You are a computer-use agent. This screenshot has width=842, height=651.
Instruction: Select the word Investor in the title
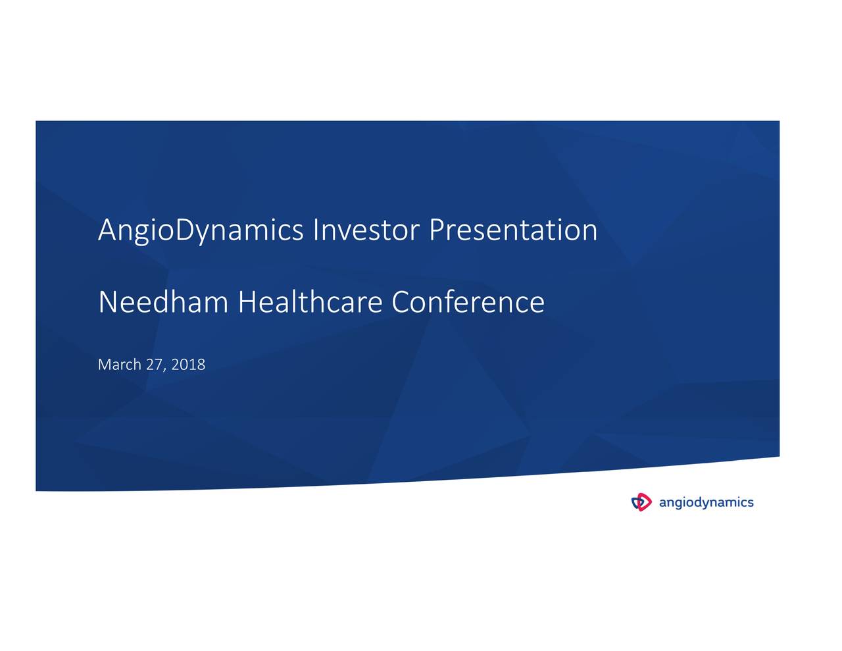366,230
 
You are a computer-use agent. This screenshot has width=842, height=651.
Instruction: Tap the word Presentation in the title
513,230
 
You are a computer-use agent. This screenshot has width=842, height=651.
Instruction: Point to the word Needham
162,303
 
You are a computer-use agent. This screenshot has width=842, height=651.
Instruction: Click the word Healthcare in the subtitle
310,303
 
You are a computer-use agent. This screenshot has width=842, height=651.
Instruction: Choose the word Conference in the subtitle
468,303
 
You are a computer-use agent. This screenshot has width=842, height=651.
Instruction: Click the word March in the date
119,365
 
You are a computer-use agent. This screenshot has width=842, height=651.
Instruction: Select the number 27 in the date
154,365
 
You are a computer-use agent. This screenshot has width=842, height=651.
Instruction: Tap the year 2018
188,365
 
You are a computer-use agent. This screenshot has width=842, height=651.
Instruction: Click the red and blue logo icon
641,503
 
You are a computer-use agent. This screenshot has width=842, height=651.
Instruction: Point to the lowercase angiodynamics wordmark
706,503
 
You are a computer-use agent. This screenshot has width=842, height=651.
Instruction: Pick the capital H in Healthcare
247,303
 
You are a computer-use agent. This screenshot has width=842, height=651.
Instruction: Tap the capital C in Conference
401,303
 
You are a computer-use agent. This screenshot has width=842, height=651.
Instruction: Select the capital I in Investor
316,230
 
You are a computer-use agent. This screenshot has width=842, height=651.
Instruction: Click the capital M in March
104,365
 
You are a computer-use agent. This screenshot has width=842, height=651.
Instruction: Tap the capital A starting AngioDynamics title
107,230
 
